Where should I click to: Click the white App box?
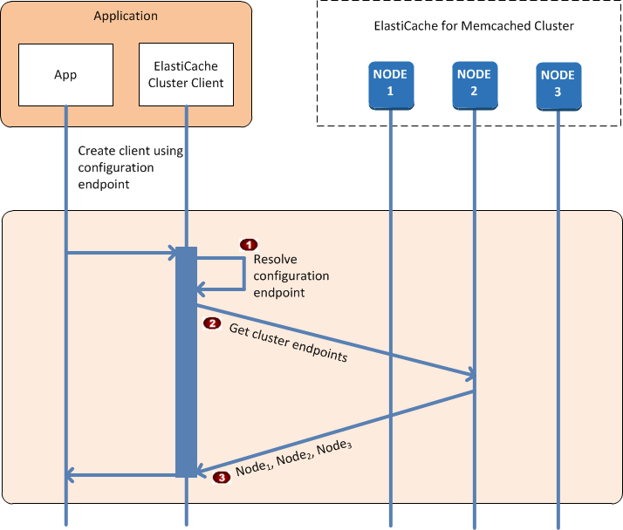(65, 75)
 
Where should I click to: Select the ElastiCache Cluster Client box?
(186, 75)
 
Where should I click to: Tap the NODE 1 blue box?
(390, 84)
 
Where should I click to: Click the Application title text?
(126, 16)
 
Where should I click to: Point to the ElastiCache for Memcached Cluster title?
(474, 26)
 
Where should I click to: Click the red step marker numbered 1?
(250, 244)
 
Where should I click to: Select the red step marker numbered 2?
(211, 323)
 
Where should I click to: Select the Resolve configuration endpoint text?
(291, 276)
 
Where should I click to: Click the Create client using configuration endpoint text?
(130, 167)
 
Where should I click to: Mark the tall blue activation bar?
(186, 362)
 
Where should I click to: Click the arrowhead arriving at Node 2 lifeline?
(469, 376)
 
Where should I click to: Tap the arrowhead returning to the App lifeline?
(73, 475)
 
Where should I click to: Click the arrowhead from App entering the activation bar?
(171, 254)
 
